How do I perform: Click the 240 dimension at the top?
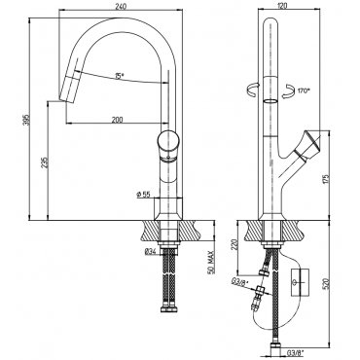click(x=121, y=6)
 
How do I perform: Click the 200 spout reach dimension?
click(x=117, y=120)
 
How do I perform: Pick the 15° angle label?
click(x=120, y=76)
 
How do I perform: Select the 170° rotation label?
click(x=304, y=90)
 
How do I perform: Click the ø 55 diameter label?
click(x=144, y=194)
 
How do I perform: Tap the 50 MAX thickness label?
click(x=211, y=262)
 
